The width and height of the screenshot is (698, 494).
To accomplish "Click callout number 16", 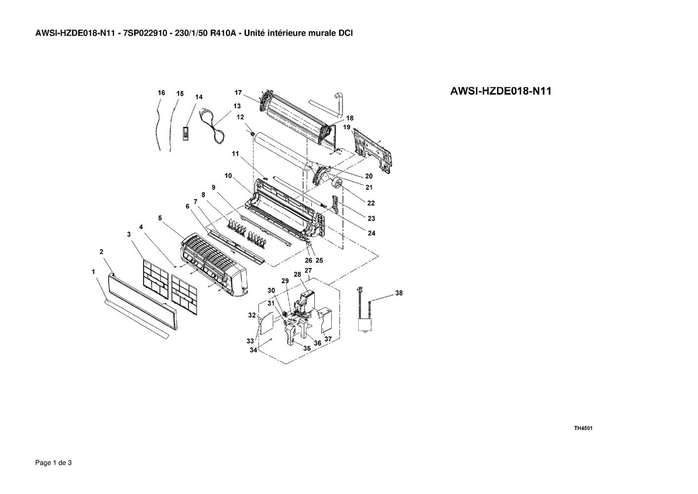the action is click(x=161, y=93).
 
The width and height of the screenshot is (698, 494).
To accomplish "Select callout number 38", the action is click(x=399, y=293).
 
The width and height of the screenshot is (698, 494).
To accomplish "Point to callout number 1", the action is click(x=93, y=272).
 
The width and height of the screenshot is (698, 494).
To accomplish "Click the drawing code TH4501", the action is click(x=583, y=428).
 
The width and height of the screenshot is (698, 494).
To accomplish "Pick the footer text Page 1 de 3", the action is click(x=53, y=463).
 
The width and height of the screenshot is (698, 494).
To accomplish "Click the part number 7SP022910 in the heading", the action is click(x=145, y=33).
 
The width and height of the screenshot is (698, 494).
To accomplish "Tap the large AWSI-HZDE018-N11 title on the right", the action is click(x=501, y=91).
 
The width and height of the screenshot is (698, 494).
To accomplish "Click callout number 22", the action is click(x=371, y=203).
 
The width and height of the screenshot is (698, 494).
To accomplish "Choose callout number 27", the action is click(x=308, y=271).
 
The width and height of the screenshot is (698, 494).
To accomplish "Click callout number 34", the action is click(x=253, y=350).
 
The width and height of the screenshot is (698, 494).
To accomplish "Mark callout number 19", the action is click(x=347, y=127).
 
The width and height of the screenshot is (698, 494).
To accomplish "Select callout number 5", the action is click(x=160, y=218).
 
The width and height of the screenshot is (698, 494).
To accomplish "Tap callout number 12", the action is click(x=240, y=117).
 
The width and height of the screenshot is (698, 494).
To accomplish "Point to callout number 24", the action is click(x=371, y=233).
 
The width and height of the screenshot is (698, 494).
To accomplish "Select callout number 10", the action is click(x=228, y=175).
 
